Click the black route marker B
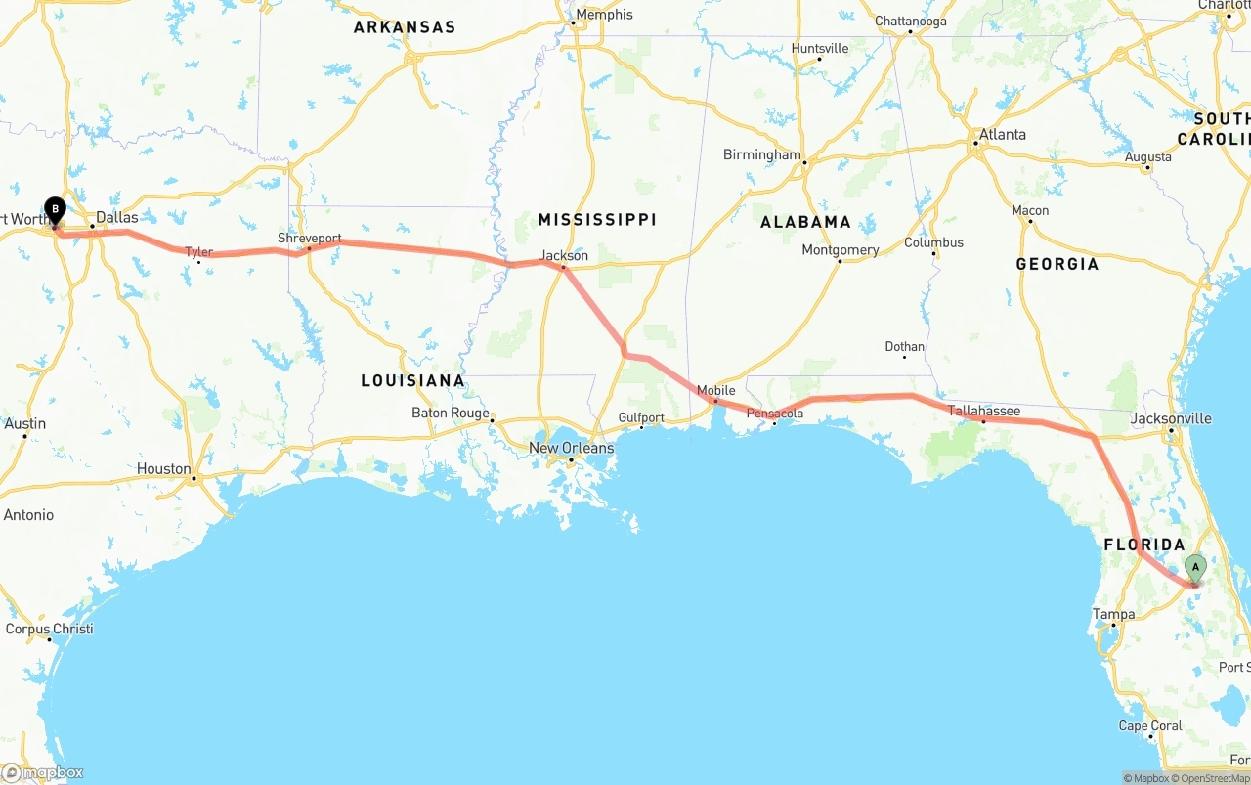[x=56, y=209]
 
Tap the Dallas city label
[x=116, y=217]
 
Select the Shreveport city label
[x=310, y=238]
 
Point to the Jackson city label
[x=565, y=256]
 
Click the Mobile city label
[x=715, y=391]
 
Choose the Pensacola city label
[x=775, y=414]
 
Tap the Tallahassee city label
[x=984, y=411]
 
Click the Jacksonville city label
[x=1170, y=418]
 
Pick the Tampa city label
[x=1114, y=614]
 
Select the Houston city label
[x=164, y=468]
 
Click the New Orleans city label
[x=572, y=448]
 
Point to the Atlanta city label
[x=1003, y=134]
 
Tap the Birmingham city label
[x=761, y=154]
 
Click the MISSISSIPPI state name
[x=597, y=219]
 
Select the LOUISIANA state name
[x=412, y=380]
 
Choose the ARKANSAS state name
[x=405, y=27]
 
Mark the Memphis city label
[x=604, y=15]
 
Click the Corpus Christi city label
[x=49, y=629]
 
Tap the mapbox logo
[x=43, y=772]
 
